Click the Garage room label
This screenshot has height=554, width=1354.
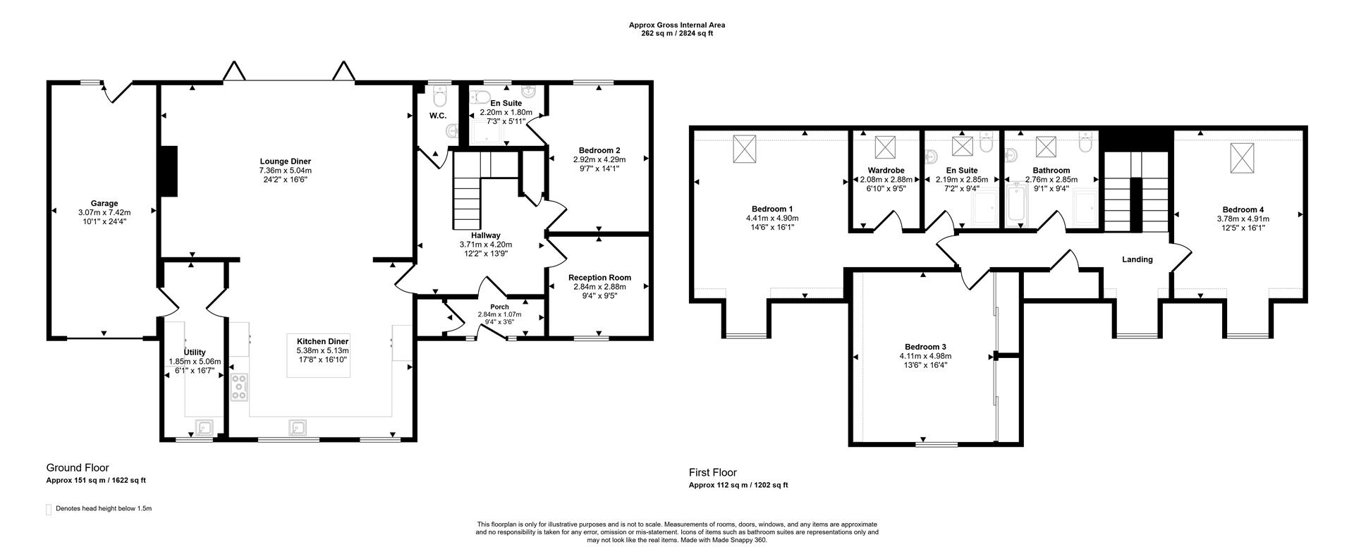(x=104, y=204)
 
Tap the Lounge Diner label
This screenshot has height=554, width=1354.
(x=285, y=161)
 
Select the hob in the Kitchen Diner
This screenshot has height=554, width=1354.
(x=240, y=388)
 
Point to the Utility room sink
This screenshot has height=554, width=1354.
(x=205, y=427)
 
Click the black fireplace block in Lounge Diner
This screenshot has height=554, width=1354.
(x=169, y=171)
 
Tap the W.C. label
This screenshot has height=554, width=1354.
(x=437, y=116)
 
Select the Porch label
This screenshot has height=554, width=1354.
(x=499, y=307)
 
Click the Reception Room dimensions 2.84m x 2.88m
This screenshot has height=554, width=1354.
(x=599, y=287)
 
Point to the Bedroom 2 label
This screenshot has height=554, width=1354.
(x=599, y=150)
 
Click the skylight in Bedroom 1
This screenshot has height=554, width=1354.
(x=744, y=149)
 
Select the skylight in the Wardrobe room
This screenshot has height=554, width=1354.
(x=884, y=147)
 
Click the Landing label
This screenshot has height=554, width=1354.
(x=1137, y=259)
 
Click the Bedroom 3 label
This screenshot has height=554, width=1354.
(x=925, y=347)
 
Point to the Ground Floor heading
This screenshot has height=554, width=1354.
(x=78, y=467)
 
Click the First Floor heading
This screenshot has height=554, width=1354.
(x=712, y=472)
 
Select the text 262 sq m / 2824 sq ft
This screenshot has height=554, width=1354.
(x=676, y=33)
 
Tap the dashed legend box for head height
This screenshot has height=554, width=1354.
(x=49, y=509)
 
